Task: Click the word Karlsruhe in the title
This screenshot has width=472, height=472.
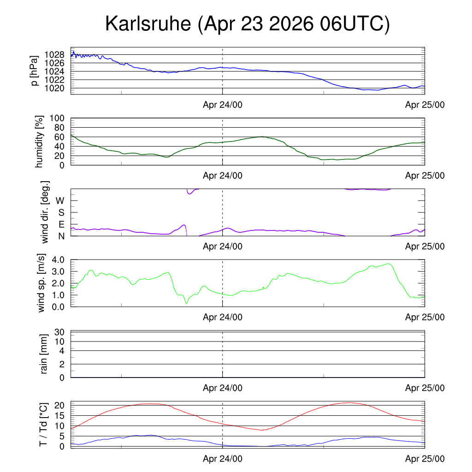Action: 148,24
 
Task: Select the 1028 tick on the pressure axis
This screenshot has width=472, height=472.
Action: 54,55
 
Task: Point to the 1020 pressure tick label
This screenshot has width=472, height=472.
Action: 54,88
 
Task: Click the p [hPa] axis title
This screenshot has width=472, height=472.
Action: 35,71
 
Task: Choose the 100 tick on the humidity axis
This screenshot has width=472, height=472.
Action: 57,118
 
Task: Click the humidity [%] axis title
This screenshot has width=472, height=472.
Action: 39,142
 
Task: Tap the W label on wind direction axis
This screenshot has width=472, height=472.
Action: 60,201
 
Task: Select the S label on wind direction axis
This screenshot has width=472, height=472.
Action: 61,212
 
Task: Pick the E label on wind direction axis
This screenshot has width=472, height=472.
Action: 61,224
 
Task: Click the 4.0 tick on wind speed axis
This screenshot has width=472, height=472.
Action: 58,260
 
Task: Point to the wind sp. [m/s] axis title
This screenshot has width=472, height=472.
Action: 41,283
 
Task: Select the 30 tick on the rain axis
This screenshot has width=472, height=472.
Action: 59,332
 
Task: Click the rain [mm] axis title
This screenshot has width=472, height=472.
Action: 44,354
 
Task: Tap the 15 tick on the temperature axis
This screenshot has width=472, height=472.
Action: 59,416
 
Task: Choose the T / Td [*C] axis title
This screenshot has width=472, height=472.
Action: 43,425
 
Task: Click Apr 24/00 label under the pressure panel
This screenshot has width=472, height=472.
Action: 223,105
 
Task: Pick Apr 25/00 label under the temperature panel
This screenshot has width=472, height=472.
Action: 425,459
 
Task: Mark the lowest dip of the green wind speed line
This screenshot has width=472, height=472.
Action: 186,303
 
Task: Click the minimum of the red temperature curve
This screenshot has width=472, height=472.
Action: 262,430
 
